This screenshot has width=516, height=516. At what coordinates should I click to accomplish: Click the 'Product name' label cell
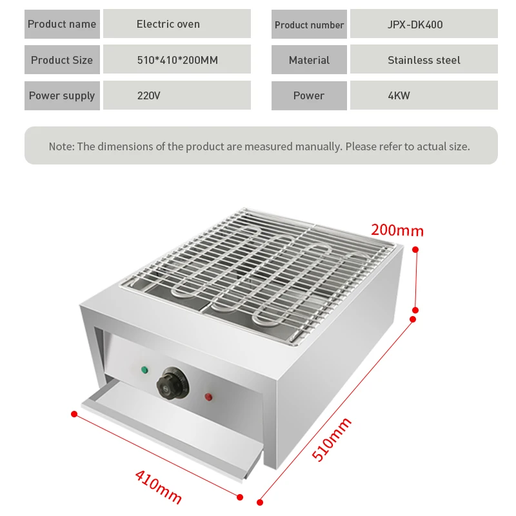(x=62, y=25)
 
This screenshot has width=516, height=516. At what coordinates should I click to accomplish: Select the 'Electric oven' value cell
(x=168, y=25)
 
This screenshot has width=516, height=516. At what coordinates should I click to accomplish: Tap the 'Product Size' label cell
(x=62, y=60)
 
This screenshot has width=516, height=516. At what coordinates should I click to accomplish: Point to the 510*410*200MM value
(x=177, y=60)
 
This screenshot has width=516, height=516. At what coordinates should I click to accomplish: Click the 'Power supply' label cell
(x=62, y=95)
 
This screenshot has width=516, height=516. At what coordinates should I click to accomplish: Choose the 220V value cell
(x=149, y=95)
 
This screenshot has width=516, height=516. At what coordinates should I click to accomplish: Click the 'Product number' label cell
(x=309, y=25)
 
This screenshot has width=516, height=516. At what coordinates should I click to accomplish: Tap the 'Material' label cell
(x=309, y=60)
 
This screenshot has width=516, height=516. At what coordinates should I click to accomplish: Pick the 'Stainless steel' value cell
(x=424, y=60)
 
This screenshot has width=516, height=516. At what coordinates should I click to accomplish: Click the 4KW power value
(x=399, y=95)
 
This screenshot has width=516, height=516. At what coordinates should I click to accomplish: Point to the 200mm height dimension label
(x=397, y=230)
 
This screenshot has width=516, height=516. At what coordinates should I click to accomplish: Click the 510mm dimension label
(x=332, y=439)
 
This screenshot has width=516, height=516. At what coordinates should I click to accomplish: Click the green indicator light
(x=144, y=370)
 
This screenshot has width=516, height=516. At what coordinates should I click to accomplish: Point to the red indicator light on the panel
(x=208, y=396)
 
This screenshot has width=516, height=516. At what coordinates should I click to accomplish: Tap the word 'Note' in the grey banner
(x=61, y=146)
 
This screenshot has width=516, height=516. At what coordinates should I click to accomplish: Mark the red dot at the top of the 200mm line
(x=416, y=249)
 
